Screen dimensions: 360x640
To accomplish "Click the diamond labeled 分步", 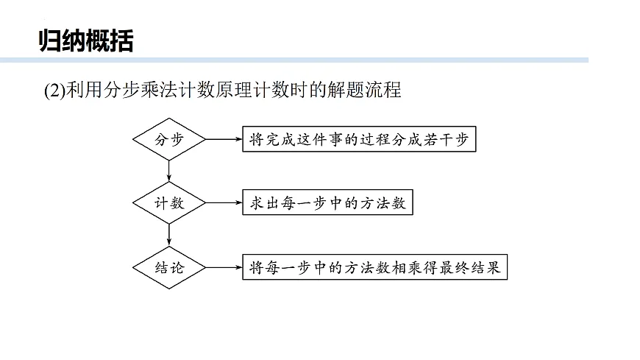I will pos(170,138).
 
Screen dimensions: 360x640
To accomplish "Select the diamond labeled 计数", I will pos(170,202).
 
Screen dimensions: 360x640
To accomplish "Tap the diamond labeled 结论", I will pos(170,267).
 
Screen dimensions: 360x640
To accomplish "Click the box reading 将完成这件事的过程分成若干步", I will pos(359,138).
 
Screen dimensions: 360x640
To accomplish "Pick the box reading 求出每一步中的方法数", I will pos(324,202).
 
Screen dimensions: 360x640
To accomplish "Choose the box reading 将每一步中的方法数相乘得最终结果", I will pos(374,267).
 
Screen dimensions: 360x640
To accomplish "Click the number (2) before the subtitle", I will pos(54,91).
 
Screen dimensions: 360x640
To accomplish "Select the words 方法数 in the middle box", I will pos(380,203).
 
